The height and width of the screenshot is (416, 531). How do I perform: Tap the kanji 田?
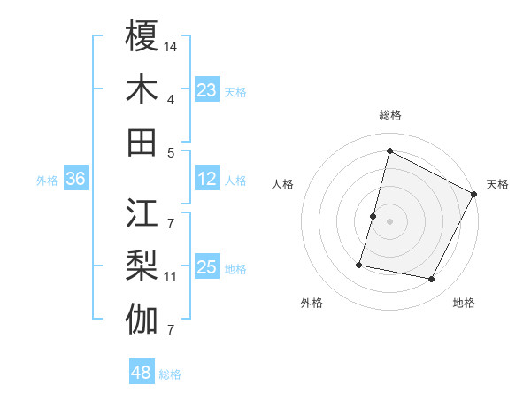tap(142, 142)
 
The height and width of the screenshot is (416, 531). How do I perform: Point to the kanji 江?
tap(142, 212)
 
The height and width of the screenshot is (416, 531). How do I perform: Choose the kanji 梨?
tap(142, 266)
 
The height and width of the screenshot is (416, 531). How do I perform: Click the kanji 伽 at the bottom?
tap(142, 320)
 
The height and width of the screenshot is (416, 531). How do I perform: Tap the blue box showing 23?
tap(207, 89)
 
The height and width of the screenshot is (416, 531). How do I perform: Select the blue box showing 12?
tap(207, 179)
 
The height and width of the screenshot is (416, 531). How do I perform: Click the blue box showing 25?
tap(207, 267)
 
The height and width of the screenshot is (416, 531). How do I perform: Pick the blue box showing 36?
tap(76, 179)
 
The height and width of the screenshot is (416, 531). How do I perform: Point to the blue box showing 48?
tap(142, 373)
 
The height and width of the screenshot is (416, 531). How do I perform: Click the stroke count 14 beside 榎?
tap(171, 45)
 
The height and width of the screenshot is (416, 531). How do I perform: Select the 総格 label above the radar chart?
tap(389, 115)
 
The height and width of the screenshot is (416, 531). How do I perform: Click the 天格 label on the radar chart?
tap(497, 184)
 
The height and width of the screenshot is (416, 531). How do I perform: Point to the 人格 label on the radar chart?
tap(283, 184)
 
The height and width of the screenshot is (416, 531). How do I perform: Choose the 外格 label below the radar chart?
tap(312, 303)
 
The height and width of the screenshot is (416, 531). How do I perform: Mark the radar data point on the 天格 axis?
tap(474, 194)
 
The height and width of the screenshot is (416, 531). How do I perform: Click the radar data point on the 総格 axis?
tap(389, 150)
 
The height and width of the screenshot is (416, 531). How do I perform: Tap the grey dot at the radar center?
tap(389, 221)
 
